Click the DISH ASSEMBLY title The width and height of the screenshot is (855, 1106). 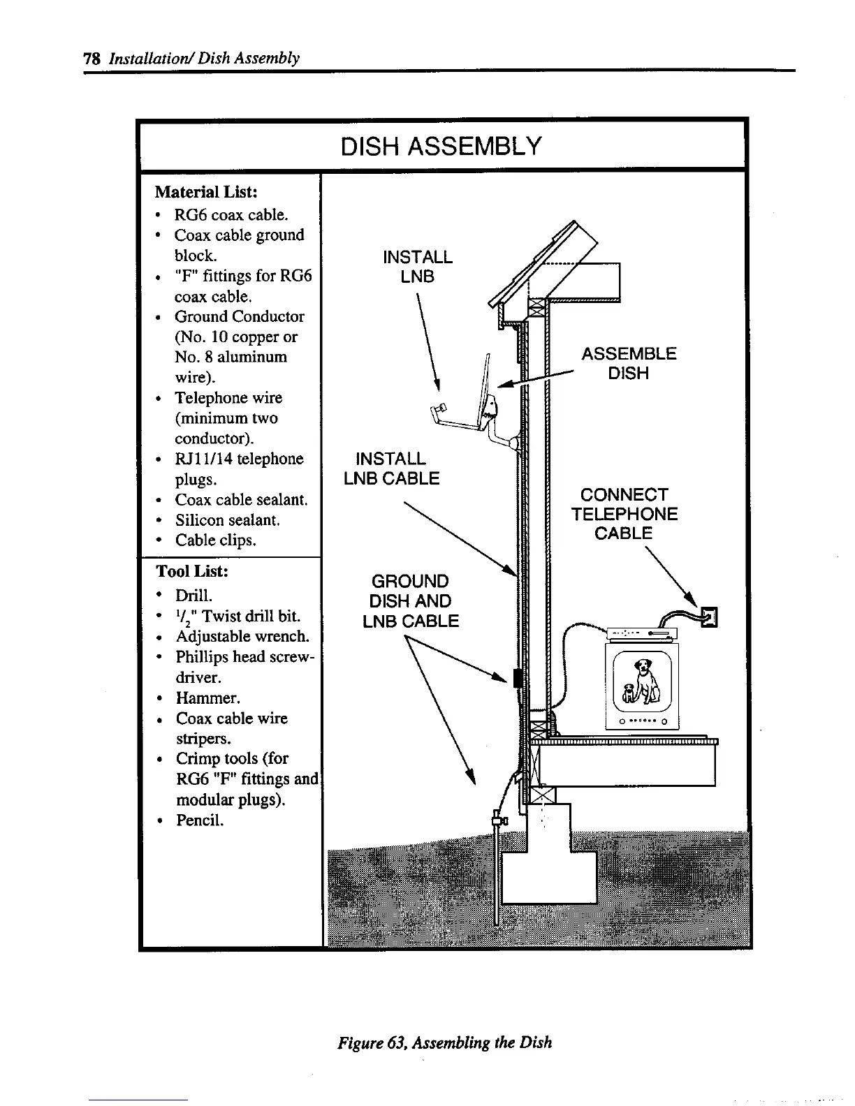pyautogui.click(x=441, y=147)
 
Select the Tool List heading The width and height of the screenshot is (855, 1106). pyautogui.click(x=192, y=571)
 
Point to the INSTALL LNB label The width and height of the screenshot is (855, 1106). pyautogui.click(x=418, y=267)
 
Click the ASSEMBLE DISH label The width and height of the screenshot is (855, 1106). pyautogui.click(x=629, y=363)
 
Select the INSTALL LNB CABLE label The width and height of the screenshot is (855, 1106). pyautogui.click(x=391, y=469)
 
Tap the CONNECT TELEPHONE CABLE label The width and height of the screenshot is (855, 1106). pyautogui.click(x=624, y=514)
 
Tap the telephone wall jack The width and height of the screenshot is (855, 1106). pyautogui.click(x=710, y=615)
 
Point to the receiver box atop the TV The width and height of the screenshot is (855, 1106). pyautogui.click(x=639, y=634)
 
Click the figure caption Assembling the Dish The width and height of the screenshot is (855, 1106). pyautogui.click(x=445, y=1042)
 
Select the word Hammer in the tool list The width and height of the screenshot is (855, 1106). pyautogui.click(x=198, y=698)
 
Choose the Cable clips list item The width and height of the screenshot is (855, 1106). pyautogui.click(x=215, y=540)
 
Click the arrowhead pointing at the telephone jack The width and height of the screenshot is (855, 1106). pyautogui.click(x=693, y=600)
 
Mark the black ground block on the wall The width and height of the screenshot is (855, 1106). pyautogui.click(x=517, y=677)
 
